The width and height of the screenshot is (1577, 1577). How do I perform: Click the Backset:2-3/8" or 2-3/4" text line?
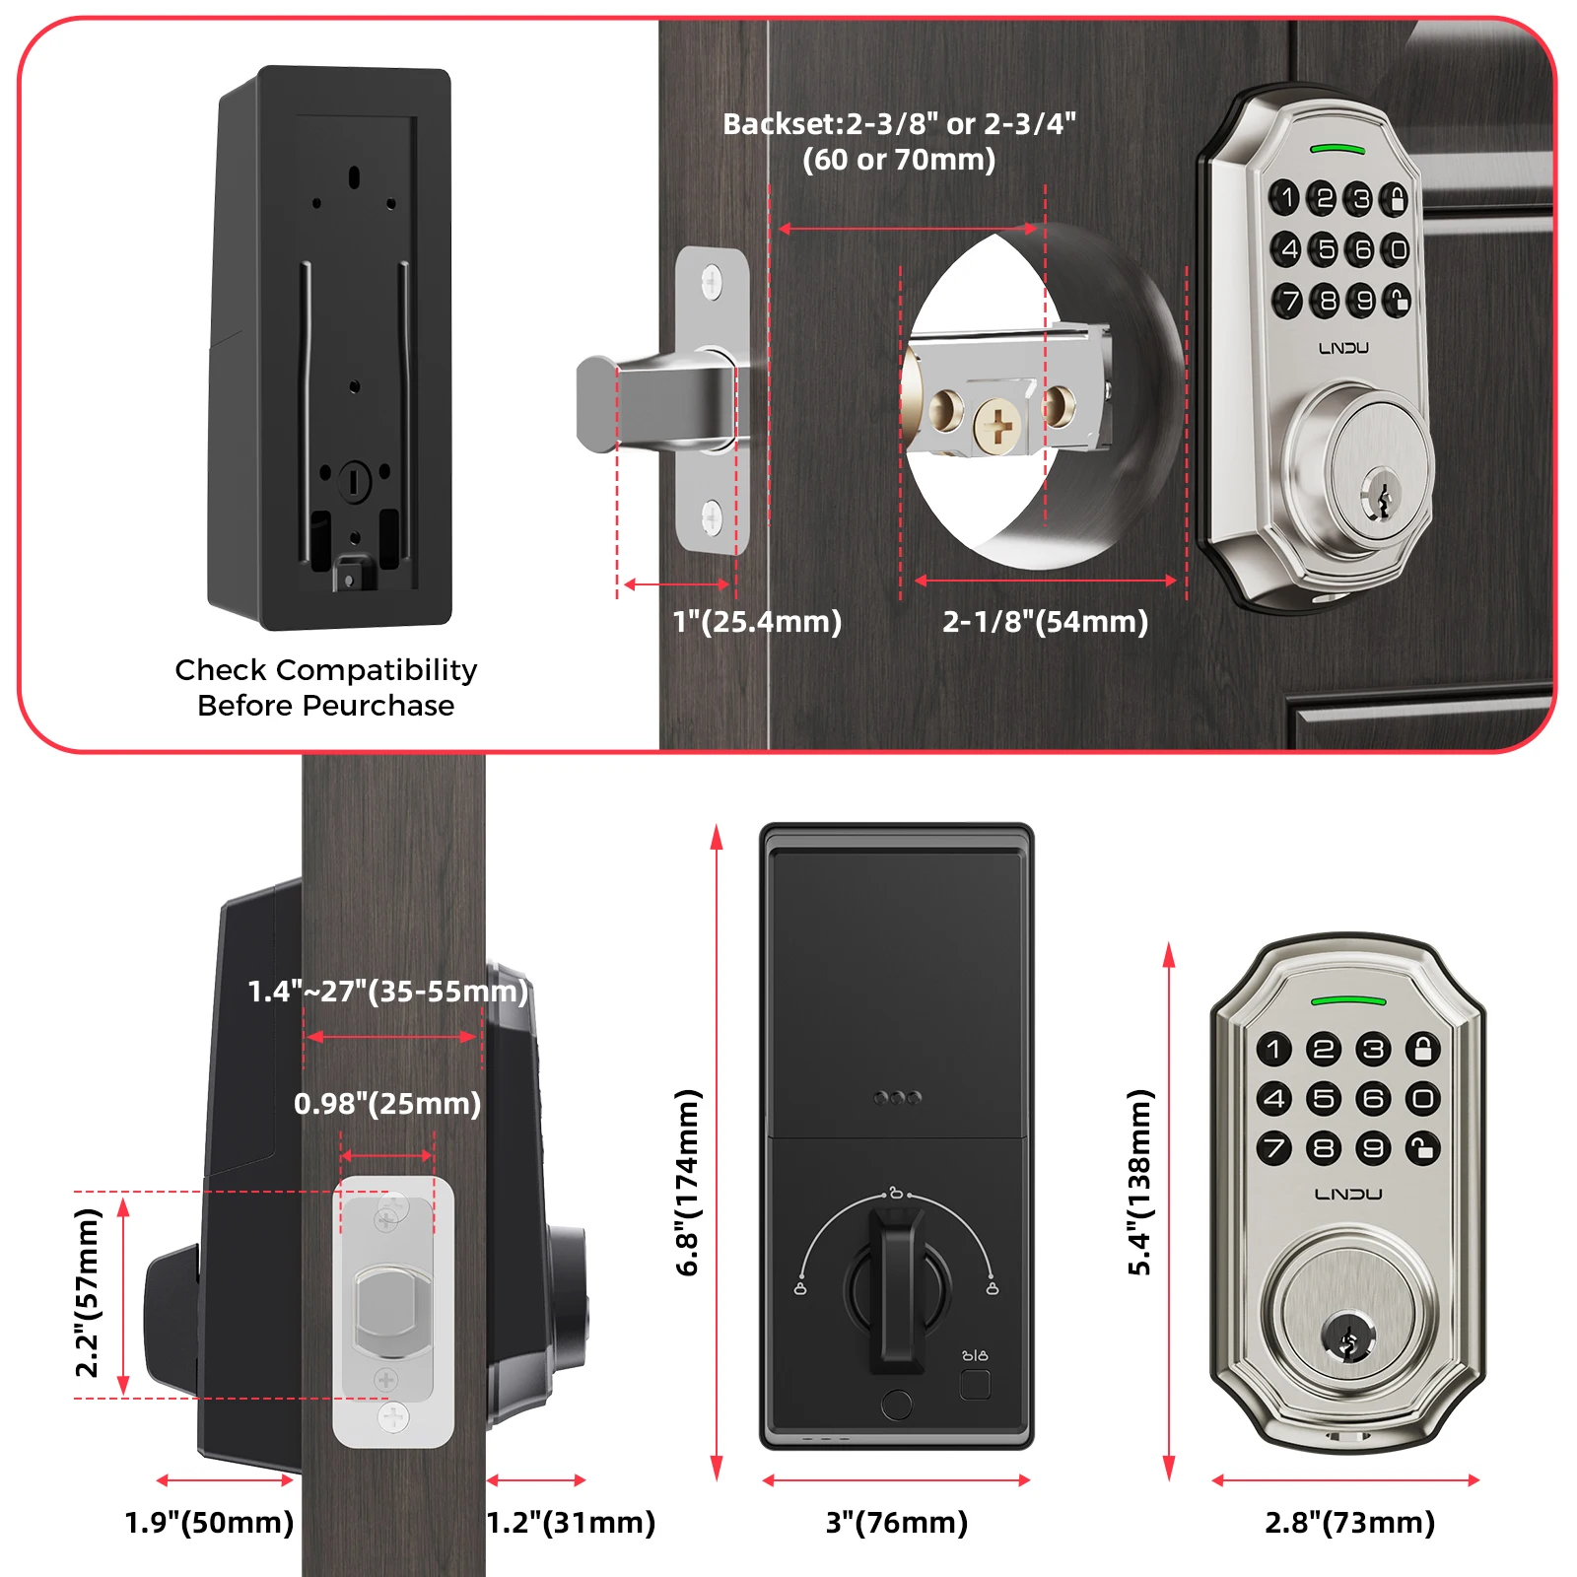[899, 124]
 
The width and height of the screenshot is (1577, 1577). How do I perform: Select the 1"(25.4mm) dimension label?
[757, 622]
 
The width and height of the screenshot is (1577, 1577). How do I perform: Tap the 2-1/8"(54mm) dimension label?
[1046, 622]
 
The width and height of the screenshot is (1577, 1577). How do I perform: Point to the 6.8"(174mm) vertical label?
[687, 1183]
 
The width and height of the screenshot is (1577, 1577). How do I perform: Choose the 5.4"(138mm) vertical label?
[1139, 1183]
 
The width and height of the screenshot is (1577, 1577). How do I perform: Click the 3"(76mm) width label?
[897, 1523]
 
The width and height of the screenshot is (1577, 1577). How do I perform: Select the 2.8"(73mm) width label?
[1350, 1523]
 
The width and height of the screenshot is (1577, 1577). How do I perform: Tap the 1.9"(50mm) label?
[209, 1523]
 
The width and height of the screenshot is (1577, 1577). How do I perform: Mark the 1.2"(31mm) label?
[572, 1523]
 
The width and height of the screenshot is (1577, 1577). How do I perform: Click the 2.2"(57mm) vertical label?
[88, 1293]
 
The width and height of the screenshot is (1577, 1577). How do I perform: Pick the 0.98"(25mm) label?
[387, 1104]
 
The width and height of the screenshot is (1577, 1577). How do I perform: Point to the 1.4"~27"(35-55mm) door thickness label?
[387, 992]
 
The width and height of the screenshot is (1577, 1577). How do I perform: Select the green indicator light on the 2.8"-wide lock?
[1348, 1001]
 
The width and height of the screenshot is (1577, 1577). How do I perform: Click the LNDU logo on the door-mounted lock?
[1343, 348]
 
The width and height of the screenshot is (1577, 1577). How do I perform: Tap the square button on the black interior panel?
[975, 1384]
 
